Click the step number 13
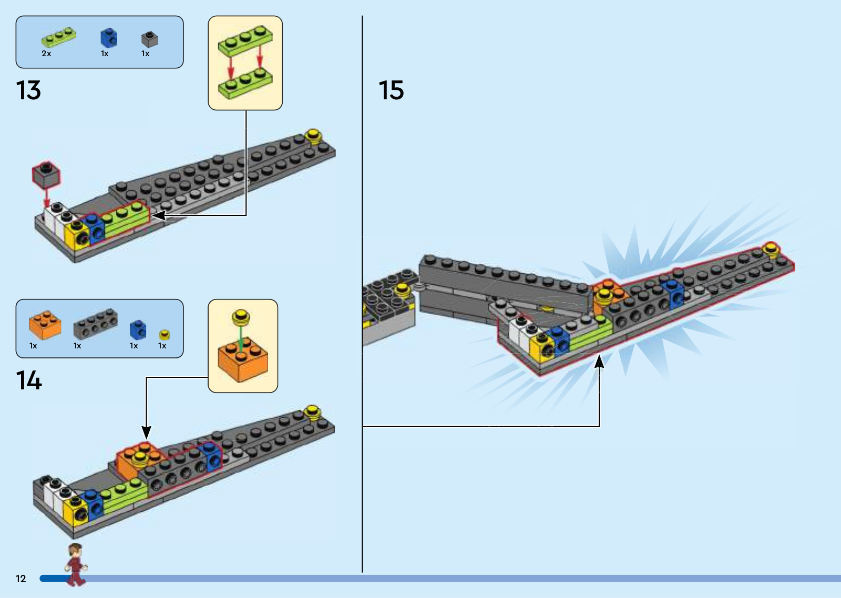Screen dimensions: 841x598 coord(28,90)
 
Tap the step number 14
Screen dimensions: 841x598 coord(28,380)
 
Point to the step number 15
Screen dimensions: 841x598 coord(391,90)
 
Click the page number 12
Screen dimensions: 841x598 coord(20,579)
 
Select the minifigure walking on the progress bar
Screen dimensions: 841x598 coord(76,564)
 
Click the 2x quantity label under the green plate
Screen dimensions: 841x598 coord(46,54)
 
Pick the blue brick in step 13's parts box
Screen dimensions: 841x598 coord(109,38)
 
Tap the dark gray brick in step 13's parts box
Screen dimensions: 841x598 coord(149,39)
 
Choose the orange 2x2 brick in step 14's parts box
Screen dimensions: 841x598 coord(45,325)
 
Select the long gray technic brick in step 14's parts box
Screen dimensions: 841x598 coord(95,324)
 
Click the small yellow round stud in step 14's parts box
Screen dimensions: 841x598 coord(165,335)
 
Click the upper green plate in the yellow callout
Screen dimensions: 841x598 coord(245,40)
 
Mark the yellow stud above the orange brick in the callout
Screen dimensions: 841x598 coord(241,317)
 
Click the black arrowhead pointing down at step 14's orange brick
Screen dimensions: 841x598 coord(147,432)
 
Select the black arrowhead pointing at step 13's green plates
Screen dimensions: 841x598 coord(159,215)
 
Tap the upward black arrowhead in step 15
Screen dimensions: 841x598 coord(599,362)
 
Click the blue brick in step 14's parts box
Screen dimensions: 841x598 coord(138,329)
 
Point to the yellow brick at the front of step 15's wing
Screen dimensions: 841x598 coord(541,348)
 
